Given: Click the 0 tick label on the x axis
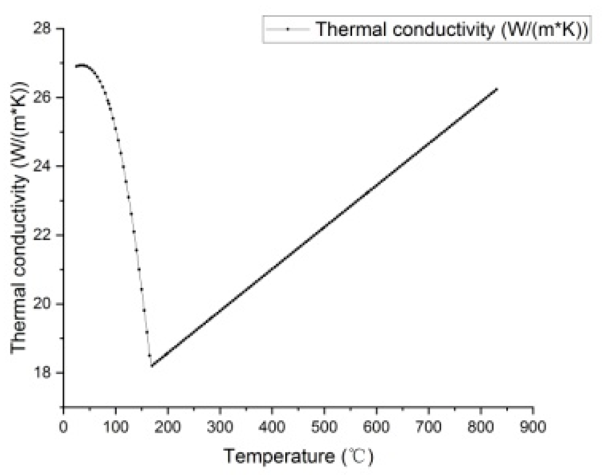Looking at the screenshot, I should (64, 427).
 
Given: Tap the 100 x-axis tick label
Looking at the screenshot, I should (116, 427).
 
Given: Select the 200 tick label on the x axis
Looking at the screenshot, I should (168, 427).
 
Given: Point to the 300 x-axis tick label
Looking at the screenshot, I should (220, 427).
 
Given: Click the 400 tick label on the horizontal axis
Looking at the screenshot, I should (272, 427).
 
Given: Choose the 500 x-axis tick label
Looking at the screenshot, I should (324, 427).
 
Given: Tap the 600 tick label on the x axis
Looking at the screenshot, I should (376, 427).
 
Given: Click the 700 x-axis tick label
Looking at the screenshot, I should (429, 427).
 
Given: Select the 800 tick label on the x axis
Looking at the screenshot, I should (481, 427).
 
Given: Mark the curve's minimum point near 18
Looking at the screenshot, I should (152, 366).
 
